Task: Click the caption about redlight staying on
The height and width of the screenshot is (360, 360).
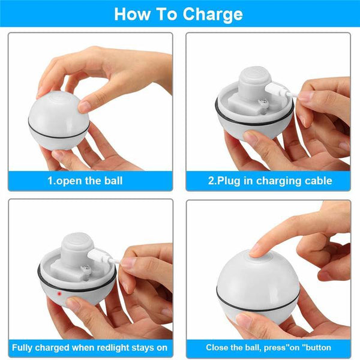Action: (89, 347)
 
